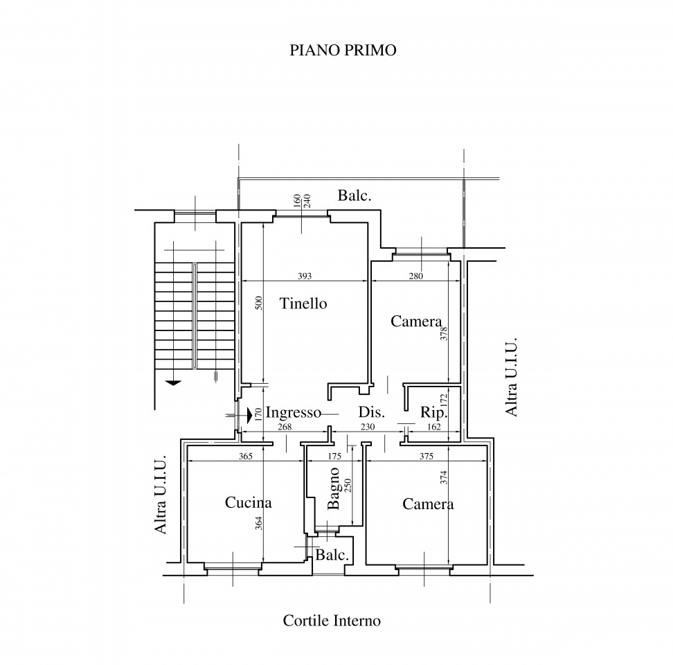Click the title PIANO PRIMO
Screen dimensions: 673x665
[343, 51]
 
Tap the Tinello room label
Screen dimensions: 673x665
[303, 303]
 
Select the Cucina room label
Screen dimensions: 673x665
[248, 502]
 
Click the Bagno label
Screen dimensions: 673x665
[333, 488]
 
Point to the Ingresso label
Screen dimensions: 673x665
[293, 413]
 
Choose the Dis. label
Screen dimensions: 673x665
[371, 412]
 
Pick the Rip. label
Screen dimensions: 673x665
[433, 413]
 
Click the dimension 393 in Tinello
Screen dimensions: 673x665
[305, 276]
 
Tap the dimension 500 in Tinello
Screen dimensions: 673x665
[258, 303]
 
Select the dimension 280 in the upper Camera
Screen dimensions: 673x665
[416, 276]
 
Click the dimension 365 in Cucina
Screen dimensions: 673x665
[246, 456]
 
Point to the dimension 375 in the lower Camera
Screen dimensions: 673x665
[427, 456]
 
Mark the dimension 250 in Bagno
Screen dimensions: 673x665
[348, 485]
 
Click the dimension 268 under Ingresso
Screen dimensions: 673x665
[285, 427]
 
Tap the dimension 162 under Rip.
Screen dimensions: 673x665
[434, 427]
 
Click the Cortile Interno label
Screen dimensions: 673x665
[332, 621]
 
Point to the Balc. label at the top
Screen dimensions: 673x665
[354, 195]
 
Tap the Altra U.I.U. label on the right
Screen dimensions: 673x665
[511, 377]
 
